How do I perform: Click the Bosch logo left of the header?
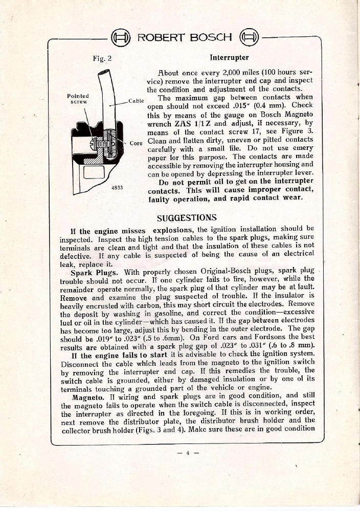coord(117,37)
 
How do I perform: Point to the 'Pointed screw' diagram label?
coord(78,98)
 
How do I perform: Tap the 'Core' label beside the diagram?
coord(136,143)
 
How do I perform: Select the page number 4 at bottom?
coord(180,452)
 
